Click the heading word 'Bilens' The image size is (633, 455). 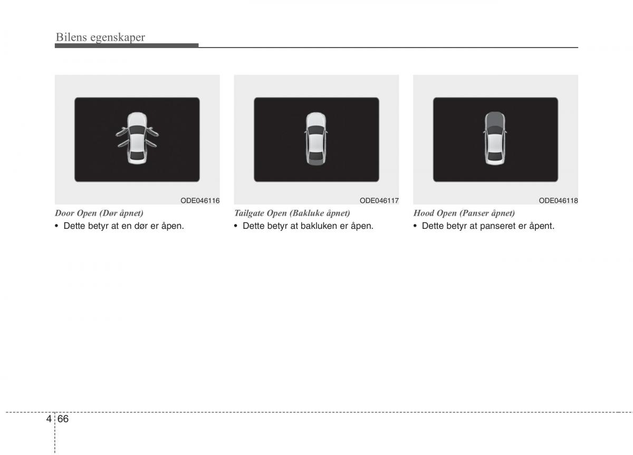pos(71,37)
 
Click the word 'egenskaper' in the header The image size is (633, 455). pos(118,38)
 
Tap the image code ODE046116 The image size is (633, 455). pos(200,200)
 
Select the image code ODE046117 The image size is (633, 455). pos(379,200)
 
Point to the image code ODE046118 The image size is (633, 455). pos(558,200)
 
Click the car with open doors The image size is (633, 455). pos(137,138)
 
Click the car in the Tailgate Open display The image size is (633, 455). pos(316,138)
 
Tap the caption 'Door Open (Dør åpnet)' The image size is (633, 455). pos(99,213)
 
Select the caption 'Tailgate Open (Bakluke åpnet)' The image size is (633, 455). pos(292,213)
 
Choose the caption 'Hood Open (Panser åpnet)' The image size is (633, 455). pos(464,213)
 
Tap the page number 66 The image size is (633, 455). pos(63,419)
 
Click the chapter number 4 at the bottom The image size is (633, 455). pos(49,419)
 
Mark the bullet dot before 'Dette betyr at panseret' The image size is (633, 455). pos(415,226)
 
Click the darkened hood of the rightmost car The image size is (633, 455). pos(495,119)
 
